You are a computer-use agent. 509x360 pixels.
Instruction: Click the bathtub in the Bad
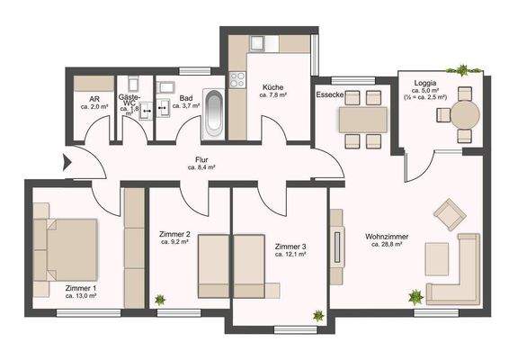point(214,112)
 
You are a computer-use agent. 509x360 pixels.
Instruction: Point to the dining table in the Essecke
point(362,119)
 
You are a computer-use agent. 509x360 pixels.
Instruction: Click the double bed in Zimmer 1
point(66,248)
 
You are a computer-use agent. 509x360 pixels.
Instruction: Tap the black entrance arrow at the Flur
point(67,163)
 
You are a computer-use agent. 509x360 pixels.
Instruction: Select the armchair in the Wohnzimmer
point(448,214)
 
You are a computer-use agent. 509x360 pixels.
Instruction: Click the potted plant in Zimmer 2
point(159,300)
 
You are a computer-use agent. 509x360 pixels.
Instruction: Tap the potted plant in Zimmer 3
point(318,315)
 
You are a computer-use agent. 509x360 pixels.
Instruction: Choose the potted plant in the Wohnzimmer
point(415,295)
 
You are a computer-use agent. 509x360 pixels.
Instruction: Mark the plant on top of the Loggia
point(462,69)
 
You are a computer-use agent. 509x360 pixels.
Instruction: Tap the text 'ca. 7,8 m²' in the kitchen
point(273,94)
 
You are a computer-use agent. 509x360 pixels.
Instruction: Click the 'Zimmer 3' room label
point(290,246)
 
